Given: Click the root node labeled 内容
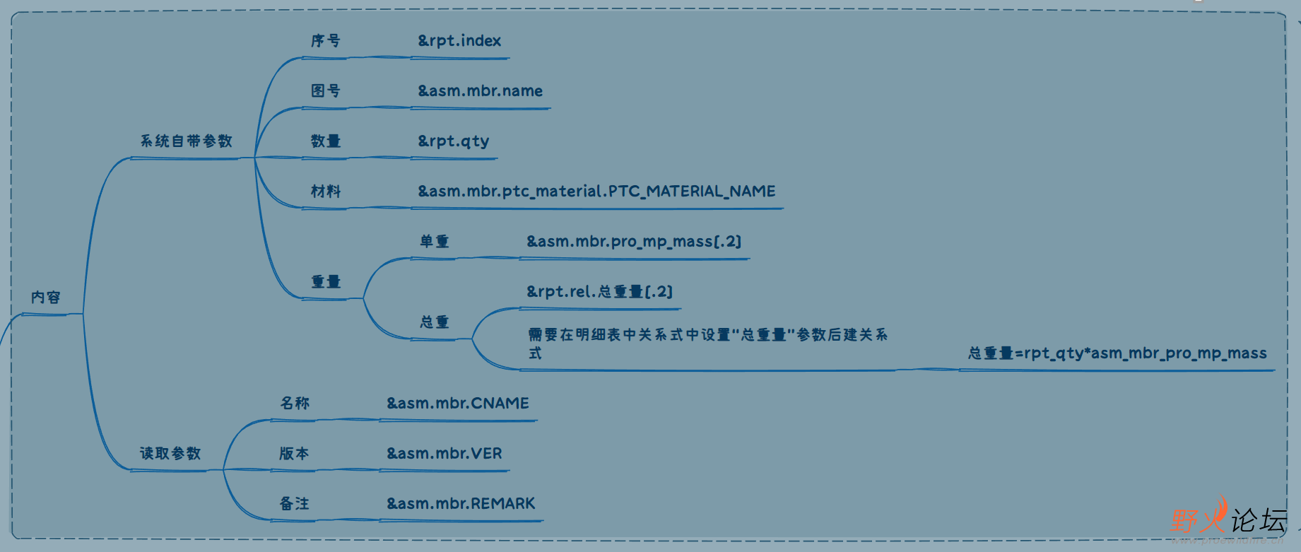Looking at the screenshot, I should point(46,298).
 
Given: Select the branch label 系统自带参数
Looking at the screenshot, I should point(186,141).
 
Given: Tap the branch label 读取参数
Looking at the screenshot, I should point(170,454).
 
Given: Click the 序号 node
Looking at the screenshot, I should point(326,41).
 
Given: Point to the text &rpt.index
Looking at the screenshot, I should point(459,41).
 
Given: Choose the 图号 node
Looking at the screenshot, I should point(326,91).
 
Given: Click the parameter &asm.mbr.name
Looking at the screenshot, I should point(481,91).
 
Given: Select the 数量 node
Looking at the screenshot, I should point(326,141).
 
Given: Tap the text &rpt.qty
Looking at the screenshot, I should point(454,141).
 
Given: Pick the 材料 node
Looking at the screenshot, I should point(326,192).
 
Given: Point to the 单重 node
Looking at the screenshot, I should point(435,242).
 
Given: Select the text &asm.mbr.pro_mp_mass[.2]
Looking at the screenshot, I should point(634,242).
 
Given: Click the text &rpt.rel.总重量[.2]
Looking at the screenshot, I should point(599,292).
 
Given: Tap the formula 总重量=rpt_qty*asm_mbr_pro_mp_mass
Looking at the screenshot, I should point(1117,353).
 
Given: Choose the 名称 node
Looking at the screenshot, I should point(295,404).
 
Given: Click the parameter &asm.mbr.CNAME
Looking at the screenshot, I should point(458,404).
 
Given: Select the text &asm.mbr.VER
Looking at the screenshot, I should point(445,454).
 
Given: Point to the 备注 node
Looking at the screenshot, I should point(295,504).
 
